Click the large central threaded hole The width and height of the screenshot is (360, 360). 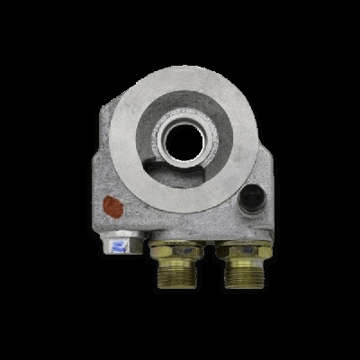(x=185, y=137)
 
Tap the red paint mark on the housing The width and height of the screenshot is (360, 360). (x=113, y=206)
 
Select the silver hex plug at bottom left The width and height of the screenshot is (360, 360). (x=121, y=243)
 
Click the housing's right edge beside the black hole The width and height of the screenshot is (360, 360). (x=271, y=196)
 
